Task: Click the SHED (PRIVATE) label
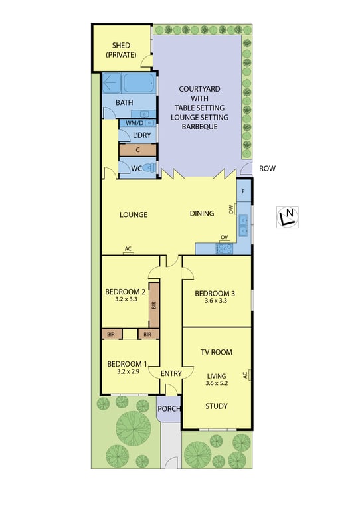(121, 50)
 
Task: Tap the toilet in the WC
(149, 168)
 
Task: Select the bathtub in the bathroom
(139, 83)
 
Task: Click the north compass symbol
(288, 217)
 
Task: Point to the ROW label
(267, 169)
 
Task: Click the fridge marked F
(244, 191)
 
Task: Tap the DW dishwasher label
(232, 209)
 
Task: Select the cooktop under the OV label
(225, 248)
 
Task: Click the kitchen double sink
(243, 225)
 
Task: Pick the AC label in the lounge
(128, 249)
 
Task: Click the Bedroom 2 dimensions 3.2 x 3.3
(126, 299)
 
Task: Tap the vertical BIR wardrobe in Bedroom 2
(154, 305)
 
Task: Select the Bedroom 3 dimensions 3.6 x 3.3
(216, 301)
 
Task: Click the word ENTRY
(171, 373)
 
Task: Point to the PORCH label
(169, 409)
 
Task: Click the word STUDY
(217, 406)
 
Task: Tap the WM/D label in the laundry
(135, 123)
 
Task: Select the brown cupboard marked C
(138, 150)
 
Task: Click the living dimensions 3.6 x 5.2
(217, 383)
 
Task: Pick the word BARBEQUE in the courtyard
(200, 127)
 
